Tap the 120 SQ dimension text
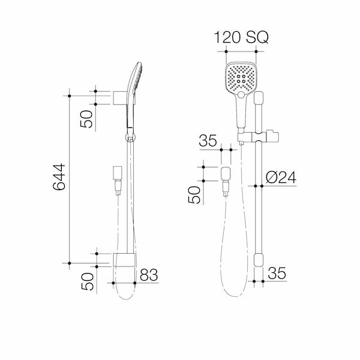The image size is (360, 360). tap(241, 37)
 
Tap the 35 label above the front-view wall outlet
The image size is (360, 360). tap(208, 141)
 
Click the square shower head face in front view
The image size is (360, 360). tap(239, 79)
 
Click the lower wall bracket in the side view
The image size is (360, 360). tap(123, 260)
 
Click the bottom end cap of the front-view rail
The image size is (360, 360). tap(259, 260)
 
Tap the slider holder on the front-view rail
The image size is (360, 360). tap(264, 133)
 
